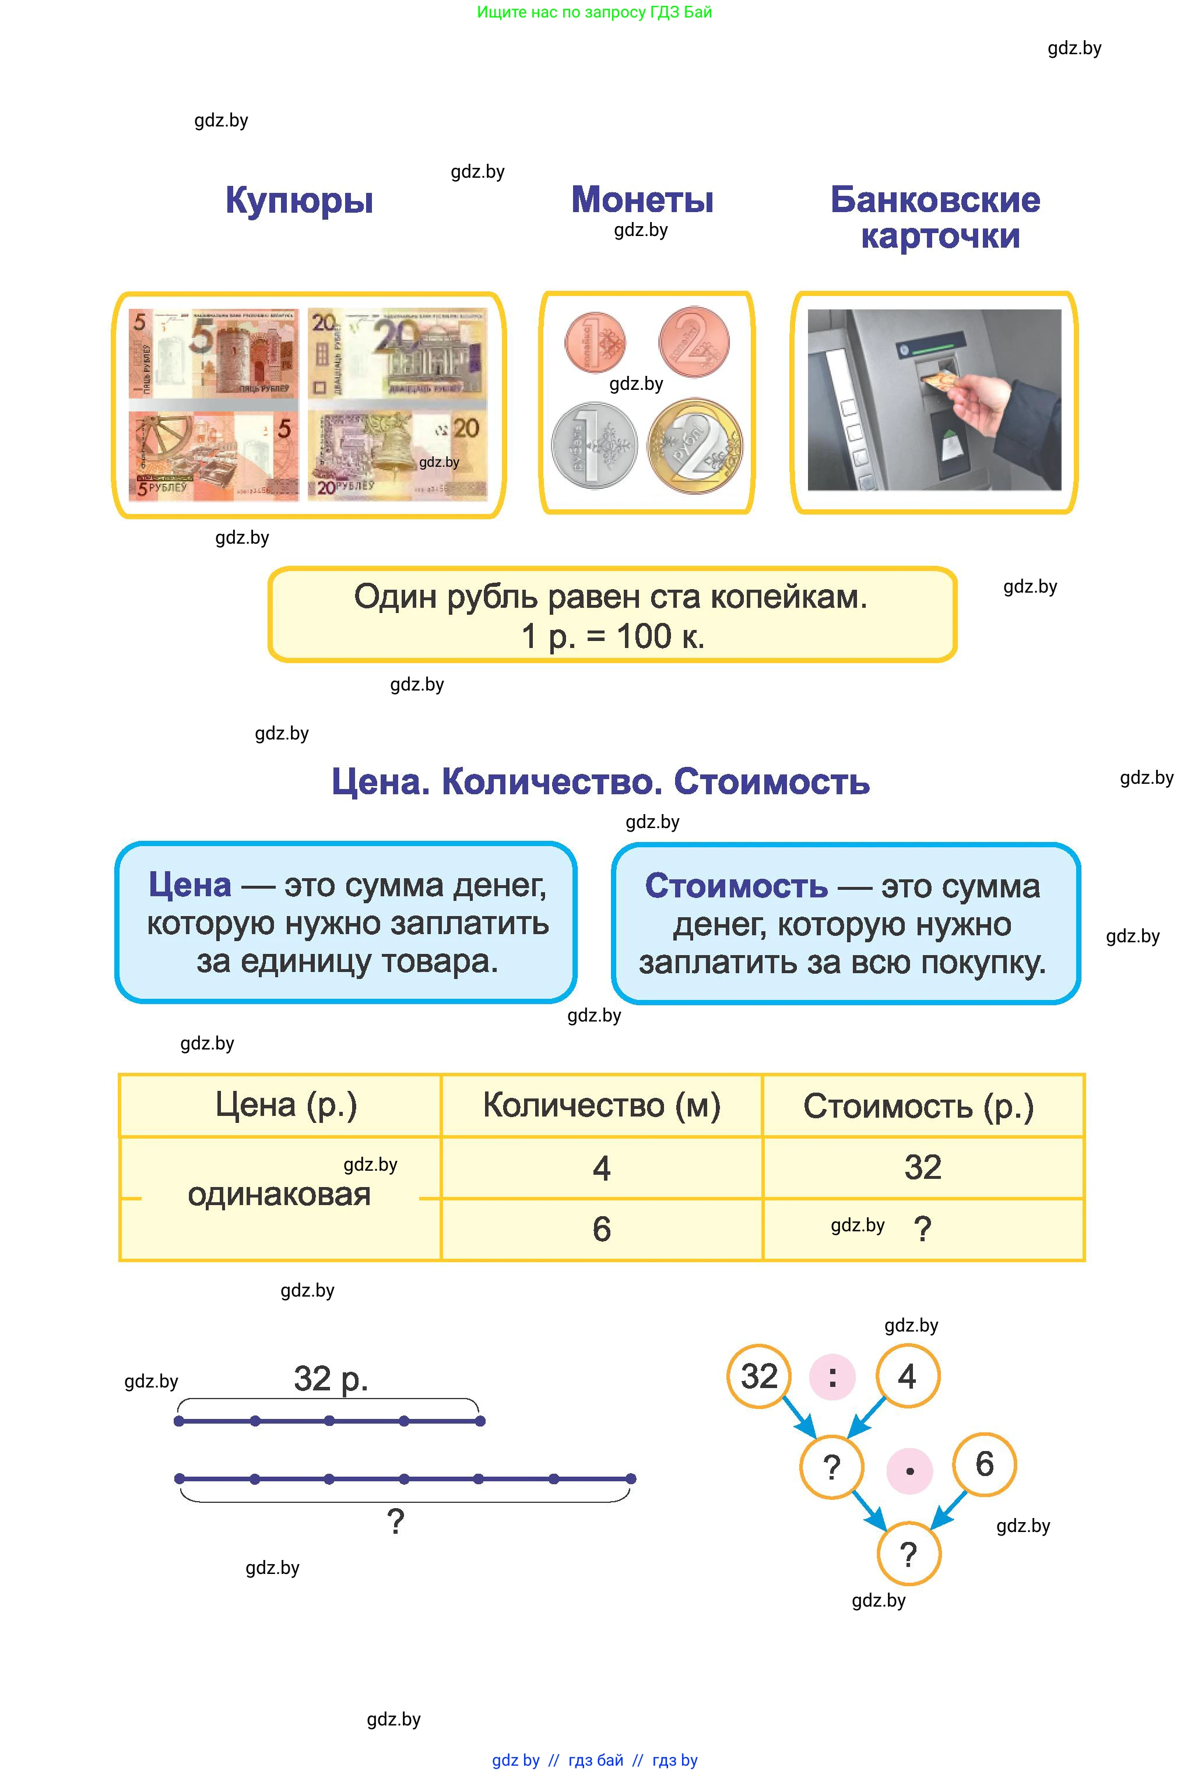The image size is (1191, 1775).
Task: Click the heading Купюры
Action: tap(298, 201)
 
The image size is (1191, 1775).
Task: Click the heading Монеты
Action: tap(642, 200)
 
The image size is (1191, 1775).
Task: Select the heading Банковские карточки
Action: tap(935, 218)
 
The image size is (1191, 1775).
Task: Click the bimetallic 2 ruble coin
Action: tap(694, 446)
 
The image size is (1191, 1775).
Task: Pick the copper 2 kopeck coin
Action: tap(694, 341)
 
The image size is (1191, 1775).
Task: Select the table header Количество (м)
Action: tap(602, 1105)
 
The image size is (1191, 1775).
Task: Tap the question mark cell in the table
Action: tap(923, 1229)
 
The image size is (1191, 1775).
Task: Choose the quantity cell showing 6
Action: tap(602, 1229)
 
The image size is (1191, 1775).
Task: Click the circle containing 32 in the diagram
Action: tap(759, 1376)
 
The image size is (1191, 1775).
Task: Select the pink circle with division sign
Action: tap(832, 1376)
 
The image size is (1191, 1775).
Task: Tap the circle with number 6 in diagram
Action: tap(985, 1464)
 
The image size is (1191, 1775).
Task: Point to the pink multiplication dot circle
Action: tap(909, 1471)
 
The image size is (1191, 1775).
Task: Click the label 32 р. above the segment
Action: tap(331, 1379)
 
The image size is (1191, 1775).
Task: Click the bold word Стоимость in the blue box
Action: tap(736, 886)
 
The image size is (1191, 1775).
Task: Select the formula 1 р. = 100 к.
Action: tap(613, 636)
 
